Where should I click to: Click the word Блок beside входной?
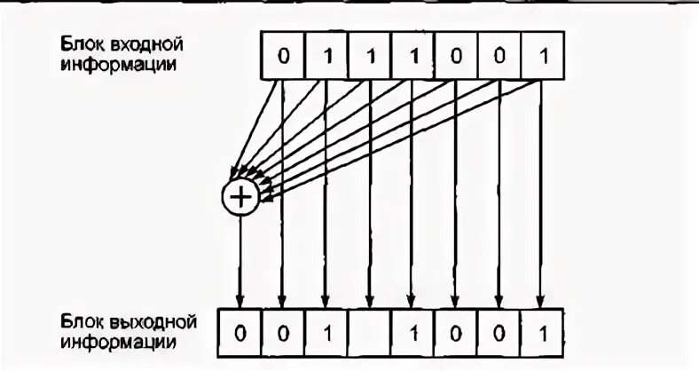pos(81,43)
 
